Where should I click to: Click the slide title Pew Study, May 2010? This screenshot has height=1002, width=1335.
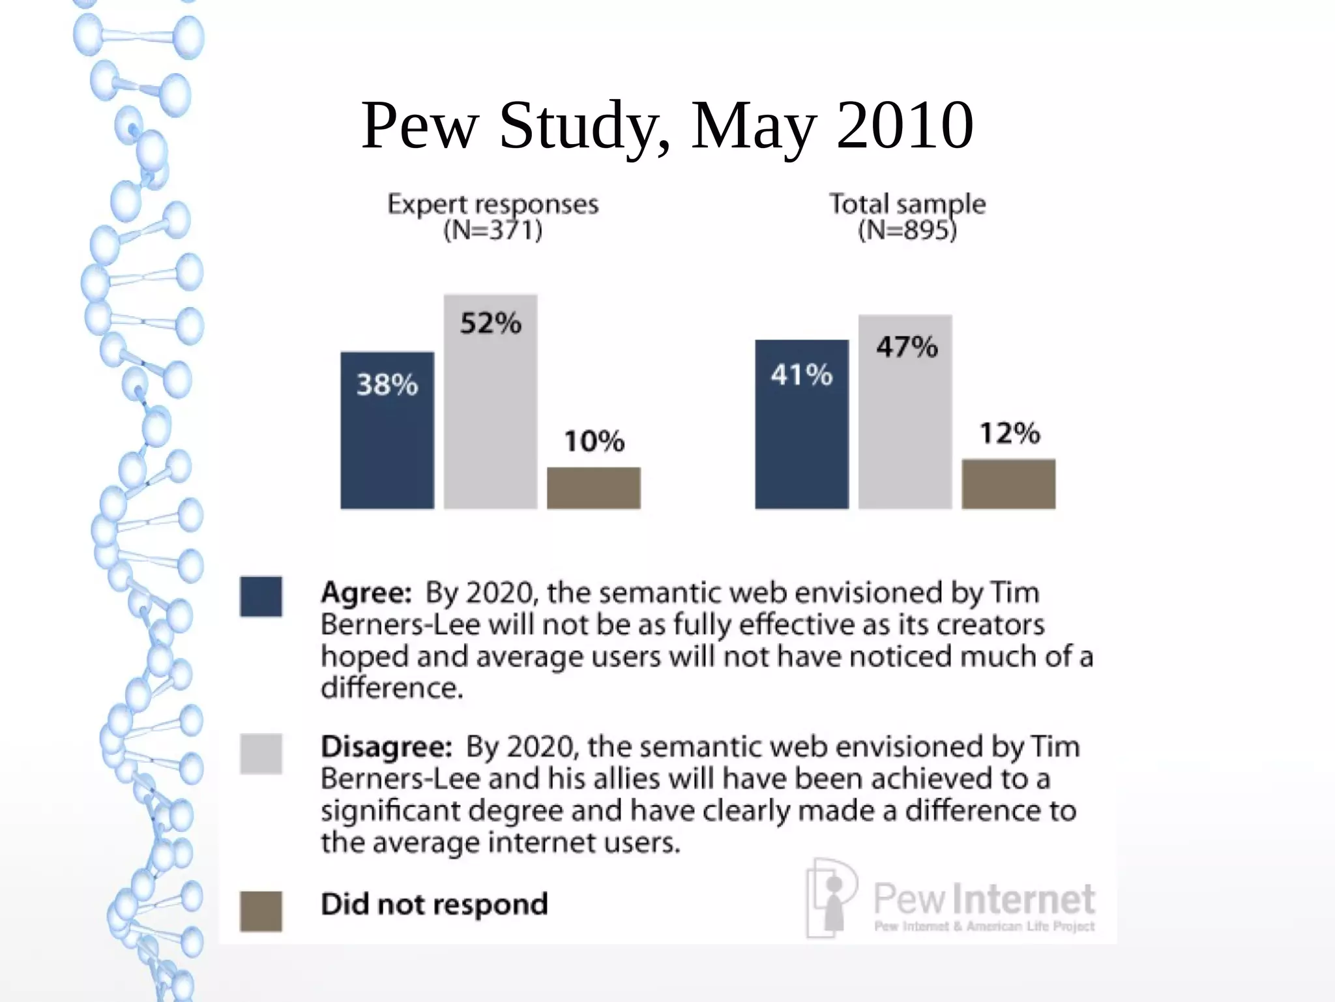667,125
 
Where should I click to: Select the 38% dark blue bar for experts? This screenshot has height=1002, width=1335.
387,430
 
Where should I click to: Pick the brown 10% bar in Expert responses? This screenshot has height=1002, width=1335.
593,488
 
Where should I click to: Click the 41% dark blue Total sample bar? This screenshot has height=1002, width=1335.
802,424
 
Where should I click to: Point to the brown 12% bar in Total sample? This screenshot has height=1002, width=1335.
1008,484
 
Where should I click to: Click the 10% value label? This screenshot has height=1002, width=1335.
594,441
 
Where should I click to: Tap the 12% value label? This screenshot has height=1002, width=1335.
1010,434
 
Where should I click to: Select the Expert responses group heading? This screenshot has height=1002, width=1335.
493,205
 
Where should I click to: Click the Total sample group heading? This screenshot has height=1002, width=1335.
907,204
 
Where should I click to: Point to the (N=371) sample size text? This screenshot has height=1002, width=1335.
493,230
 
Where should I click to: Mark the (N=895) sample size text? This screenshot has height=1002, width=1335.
907,230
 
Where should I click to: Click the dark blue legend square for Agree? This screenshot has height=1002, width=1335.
261,597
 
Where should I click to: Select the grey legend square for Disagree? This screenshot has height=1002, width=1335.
261,754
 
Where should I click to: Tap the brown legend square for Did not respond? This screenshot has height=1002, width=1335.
261,911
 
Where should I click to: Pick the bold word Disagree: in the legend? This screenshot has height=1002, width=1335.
387,747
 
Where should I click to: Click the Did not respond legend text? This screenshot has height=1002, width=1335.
434,904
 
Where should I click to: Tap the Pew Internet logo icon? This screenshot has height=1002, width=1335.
831,897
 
